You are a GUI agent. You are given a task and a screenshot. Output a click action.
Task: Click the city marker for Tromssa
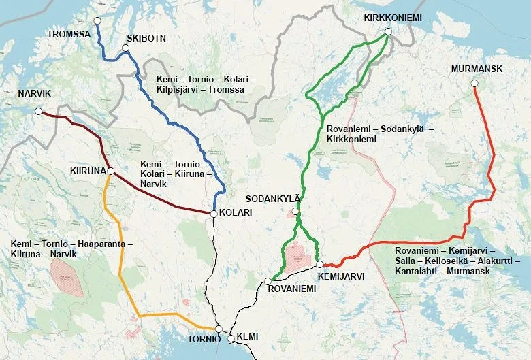click(x=97, y=21)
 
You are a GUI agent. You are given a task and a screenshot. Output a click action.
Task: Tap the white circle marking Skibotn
click(x=125, y=48)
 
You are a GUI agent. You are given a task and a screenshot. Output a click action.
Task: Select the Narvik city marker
click(x=39, y=111)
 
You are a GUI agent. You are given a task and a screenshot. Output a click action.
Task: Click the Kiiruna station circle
click(x=110, y=171)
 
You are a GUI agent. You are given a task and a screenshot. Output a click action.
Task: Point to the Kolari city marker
click(x=214, y=214)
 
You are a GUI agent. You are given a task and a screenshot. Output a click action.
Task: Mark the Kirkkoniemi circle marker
click(x=388, y=31)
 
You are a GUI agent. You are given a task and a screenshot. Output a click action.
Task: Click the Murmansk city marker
click(x=474, y=84)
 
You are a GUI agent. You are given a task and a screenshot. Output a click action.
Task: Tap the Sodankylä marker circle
click(x=295, y=212)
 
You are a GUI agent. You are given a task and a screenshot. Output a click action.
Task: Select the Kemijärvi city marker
click(x=319, y=264)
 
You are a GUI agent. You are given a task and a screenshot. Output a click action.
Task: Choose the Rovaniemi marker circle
click(x=268, y=280)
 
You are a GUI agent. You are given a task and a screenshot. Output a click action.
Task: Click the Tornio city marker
click(x=218, y=329)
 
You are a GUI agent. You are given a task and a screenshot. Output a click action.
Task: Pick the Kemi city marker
click(x=231, y=338)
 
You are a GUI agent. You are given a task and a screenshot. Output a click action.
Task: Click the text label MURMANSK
click(x=476, y=69)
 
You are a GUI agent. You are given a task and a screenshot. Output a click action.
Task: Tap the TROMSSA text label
click(x=69, y=33)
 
